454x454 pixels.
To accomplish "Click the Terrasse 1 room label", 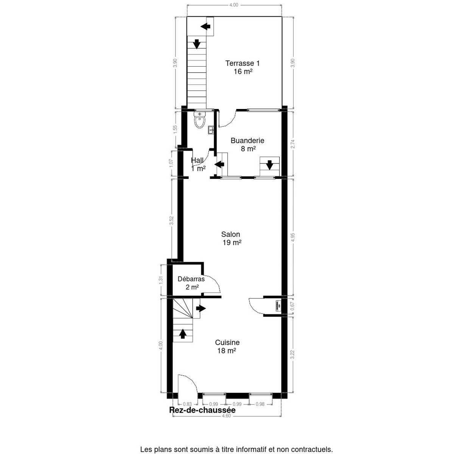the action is (x=243, y=67).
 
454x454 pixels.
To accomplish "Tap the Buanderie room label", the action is (x=247, y=145).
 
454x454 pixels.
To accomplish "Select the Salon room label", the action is (x=231, y=238).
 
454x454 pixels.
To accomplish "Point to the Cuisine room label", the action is (x=227, y=346).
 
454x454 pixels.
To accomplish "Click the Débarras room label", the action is (x=191, y=283).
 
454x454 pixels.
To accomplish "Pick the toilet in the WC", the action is (x=199, y=120).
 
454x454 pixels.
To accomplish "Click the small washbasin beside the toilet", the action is (x=211, y=130).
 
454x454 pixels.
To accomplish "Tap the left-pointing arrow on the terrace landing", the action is (x=205, y=26).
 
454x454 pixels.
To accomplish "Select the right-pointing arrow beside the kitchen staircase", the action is (x=201, y=308).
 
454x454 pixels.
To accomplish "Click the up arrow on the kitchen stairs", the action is (x=183, y=334).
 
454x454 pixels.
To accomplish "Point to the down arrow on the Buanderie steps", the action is (x=269, y=165).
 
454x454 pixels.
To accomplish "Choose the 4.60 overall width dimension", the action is (x=226, y=423).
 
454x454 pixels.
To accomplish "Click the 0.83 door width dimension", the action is (x=187, y=404).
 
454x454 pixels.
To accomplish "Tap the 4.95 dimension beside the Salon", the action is (x=292, y=237).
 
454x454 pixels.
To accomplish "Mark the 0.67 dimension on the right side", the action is (x=292, y=306).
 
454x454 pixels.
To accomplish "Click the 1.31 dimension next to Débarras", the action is (x=161, y=280).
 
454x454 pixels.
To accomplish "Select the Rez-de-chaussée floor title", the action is (x=202, y=410).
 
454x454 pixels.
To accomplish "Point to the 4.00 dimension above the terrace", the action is (x=234, y=5).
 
